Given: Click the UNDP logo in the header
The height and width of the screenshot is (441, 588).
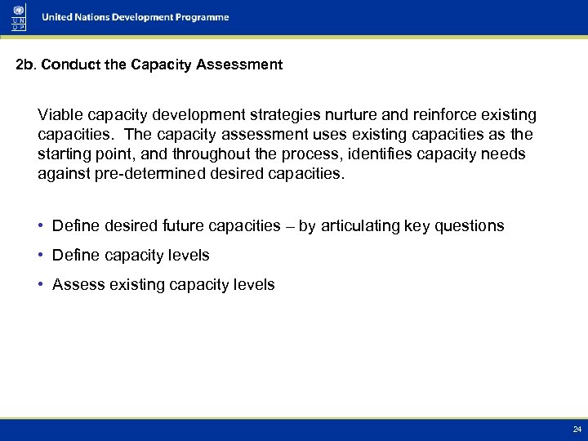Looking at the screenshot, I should (18, 17).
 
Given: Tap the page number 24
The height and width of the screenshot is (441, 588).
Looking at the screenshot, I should (577, 429).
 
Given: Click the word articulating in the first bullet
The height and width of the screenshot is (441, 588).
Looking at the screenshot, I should (359, 226).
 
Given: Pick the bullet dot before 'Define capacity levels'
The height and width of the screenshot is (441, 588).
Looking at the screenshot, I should (42, 256).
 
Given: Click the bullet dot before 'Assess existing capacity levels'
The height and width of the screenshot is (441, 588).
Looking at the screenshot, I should (42, 285).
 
